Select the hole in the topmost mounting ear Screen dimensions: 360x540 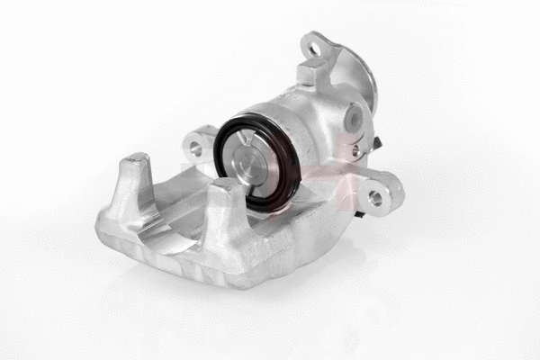[315, 46]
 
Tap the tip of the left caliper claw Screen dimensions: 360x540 [137, 162]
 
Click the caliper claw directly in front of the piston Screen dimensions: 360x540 [226, 193]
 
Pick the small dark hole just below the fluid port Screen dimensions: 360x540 [356, 148]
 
